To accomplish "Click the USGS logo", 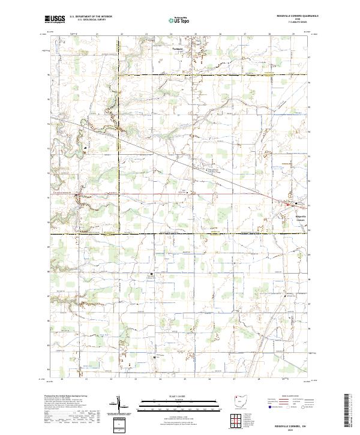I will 55,19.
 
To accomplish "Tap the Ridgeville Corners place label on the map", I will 301,218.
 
